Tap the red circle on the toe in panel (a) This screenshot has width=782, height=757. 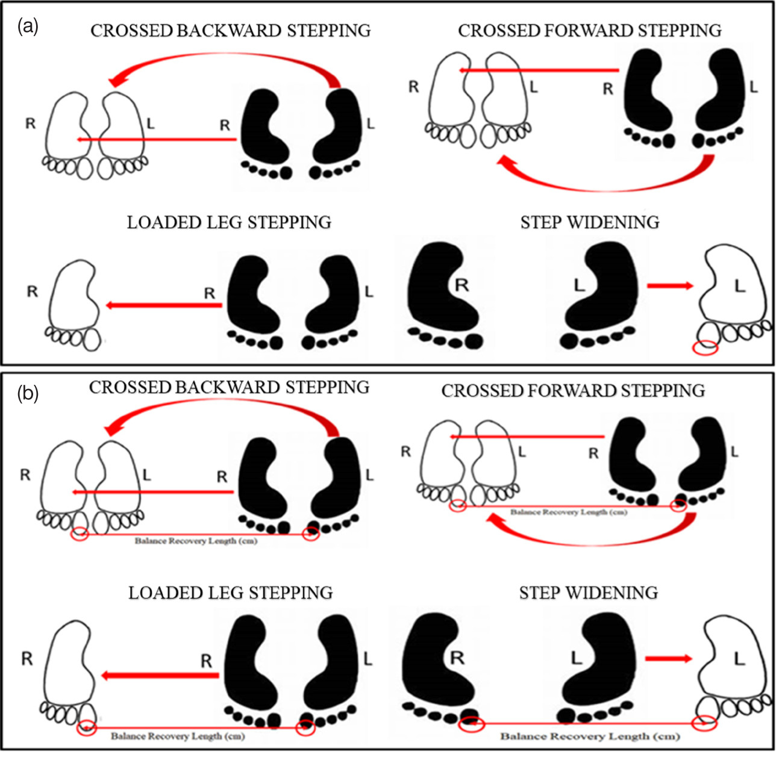pyautogui.click(x=705, y=347)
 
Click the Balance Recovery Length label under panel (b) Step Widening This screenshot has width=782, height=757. pyautogui.click(x=590, y=736)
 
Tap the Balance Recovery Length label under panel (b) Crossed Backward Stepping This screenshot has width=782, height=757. pyautogui.click(x=196, y=541)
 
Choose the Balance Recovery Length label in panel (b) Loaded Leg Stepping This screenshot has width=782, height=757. pyautogui.click(x=178, y=736)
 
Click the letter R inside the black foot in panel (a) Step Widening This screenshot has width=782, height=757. pyautogui.click(x=461, y=284)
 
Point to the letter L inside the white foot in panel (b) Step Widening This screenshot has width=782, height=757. pyautogui.click(x=740, y=659)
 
